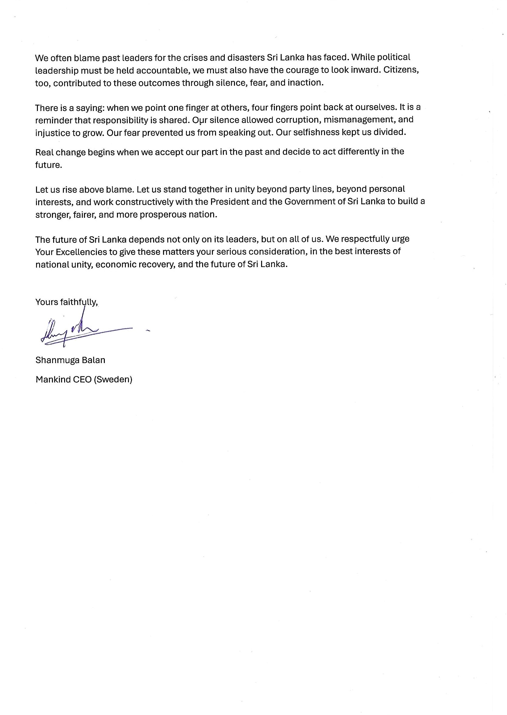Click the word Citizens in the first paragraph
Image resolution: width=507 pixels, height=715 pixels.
coord(400,70)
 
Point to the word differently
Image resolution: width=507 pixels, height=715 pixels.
coord(359,152)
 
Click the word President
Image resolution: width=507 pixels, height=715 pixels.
coord(229,202)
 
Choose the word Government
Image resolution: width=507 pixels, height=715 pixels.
coord(309,202)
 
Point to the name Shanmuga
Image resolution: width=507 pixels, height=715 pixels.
coord(53,360)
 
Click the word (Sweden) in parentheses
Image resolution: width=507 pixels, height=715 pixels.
coord(113,380)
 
